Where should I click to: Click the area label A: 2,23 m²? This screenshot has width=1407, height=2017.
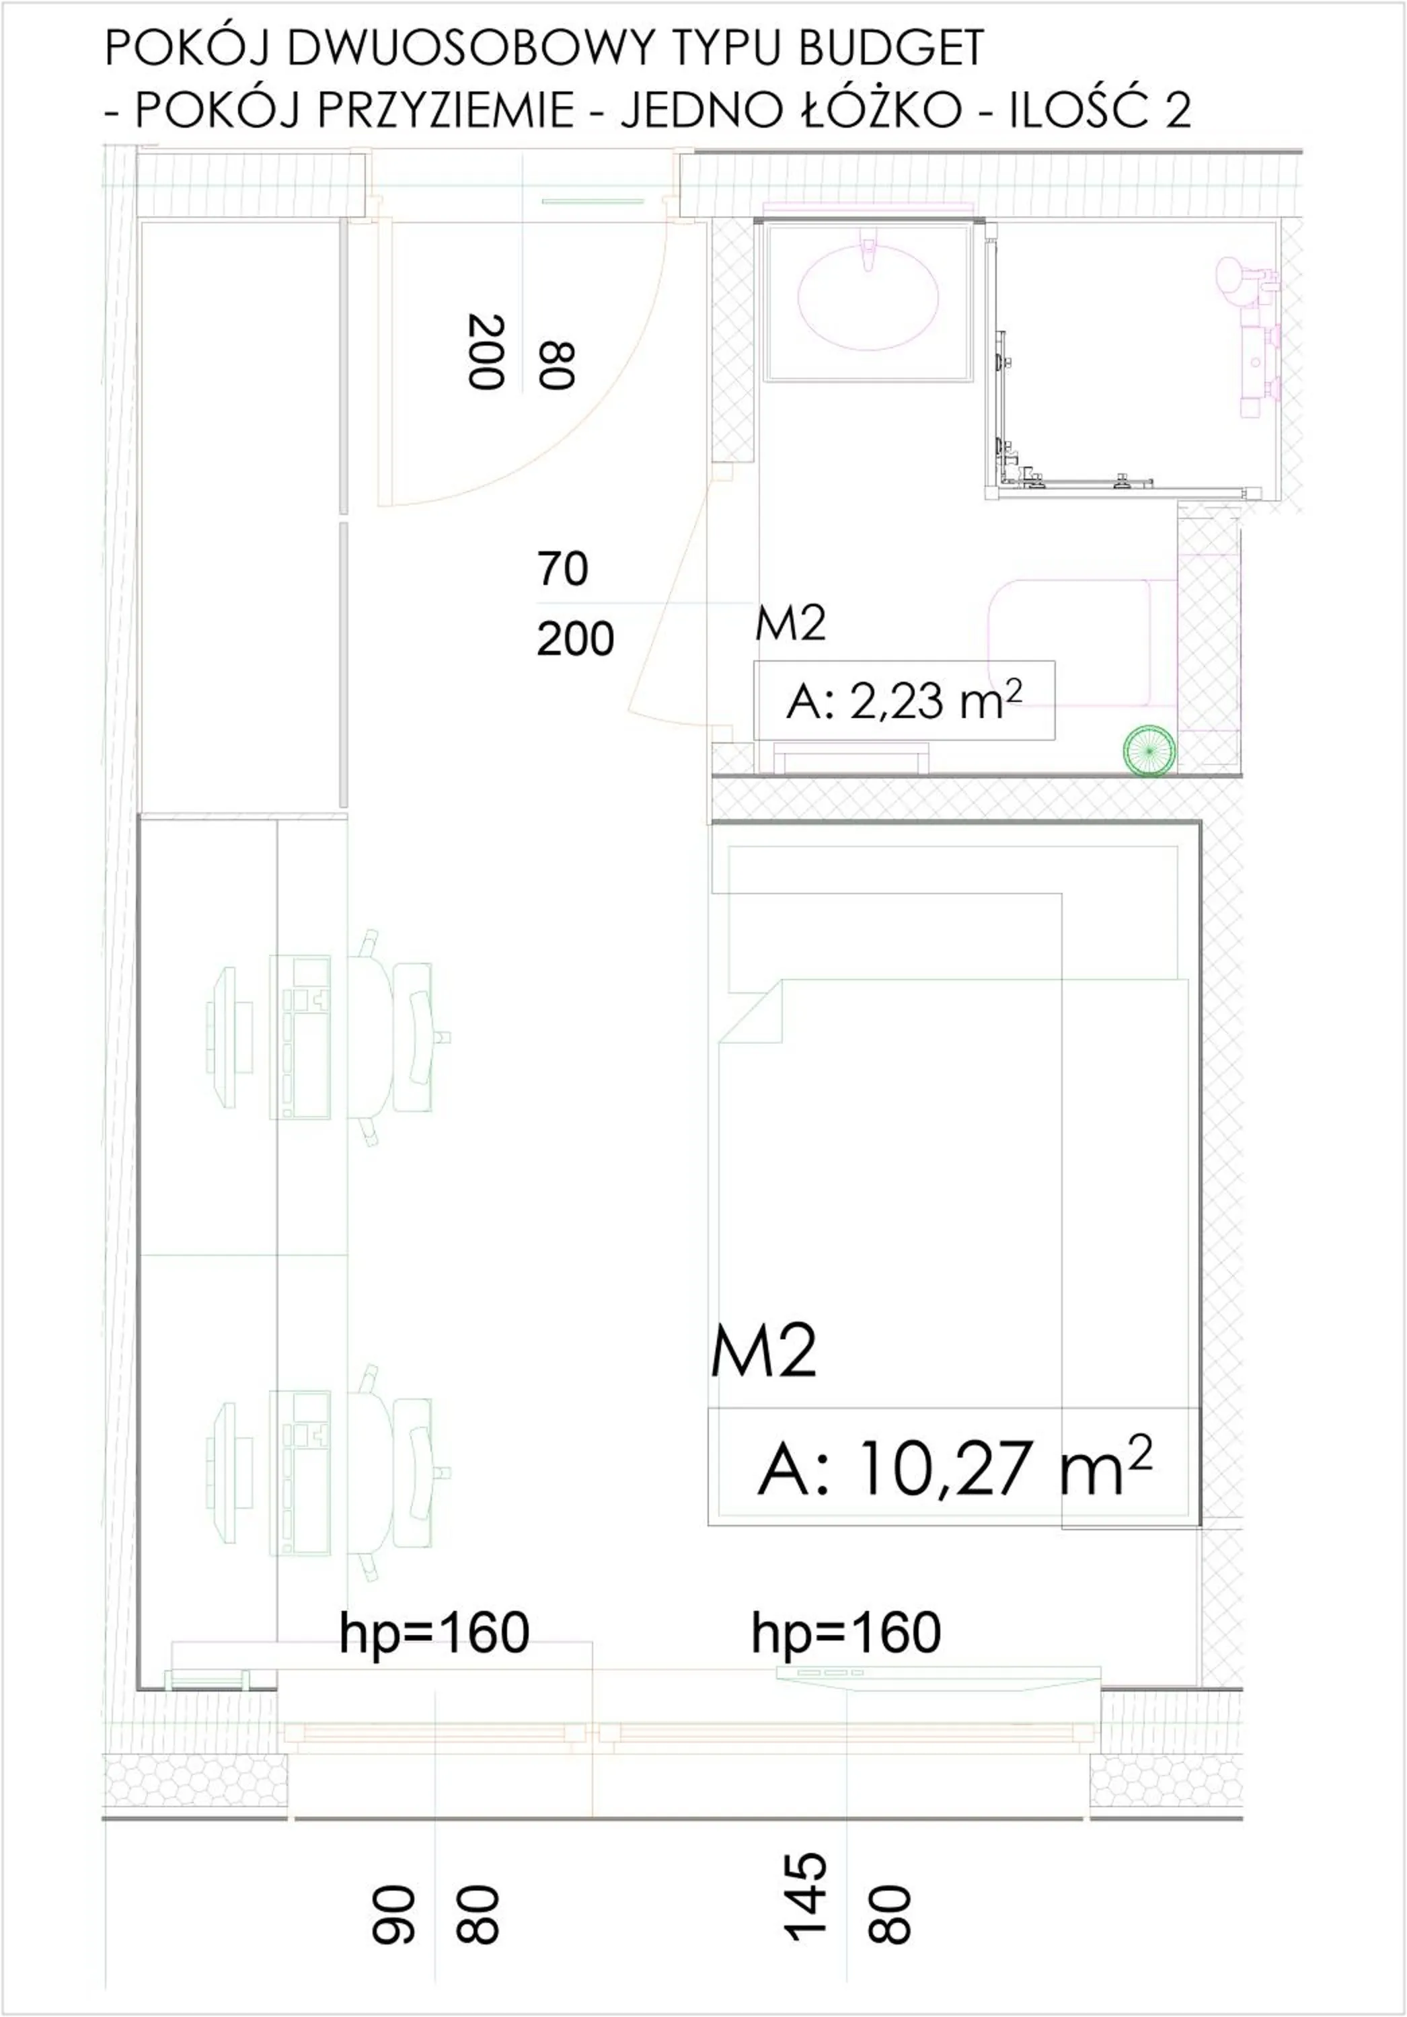903,701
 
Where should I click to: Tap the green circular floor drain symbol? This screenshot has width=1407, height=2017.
1148,750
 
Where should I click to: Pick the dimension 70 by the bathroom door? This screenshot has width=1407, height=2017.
562,569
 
